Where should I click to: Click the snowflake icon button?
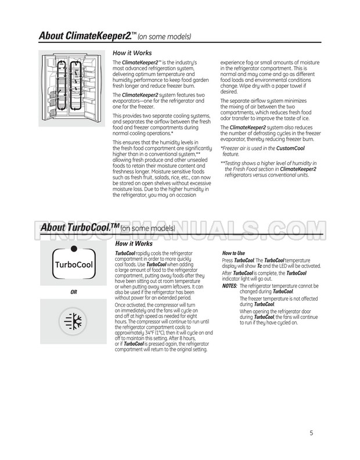[73, 322]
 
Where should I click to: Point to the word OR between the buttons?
[73, 292]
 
